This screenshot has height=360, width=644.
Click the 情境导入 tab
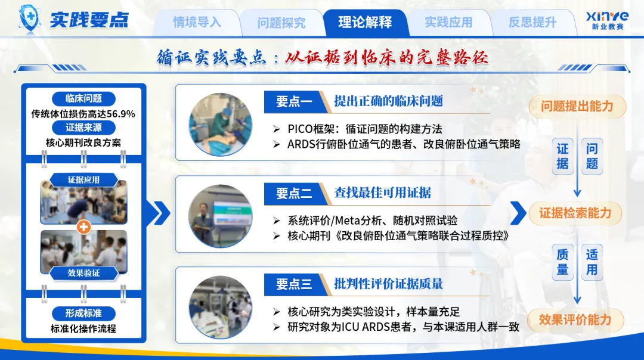pyautogui.click(x=197, y=22)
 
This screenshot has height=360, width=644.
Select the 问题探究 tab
pyautogui.click(x=281, y=22)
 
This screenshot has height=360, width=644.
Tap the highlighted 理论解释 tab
pyautogui.click(x=365, y=22)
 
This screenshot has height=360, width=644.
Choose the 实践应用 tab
pyautogui.click(x=448, y=22)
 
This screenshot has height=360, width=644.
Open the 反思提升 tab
pyautogui.click(x=532, y=22)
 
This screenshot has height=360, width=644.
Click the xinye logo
pyautogui.click(x=607, y=20)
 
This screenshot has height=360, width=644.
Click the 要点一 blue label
pyautogui.click(x=295, y=101)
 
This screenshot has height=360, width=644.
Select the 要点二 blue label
pyautogui.click(x=295, y=193)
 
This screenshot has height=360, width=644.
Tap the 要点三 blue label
pyautogui.click(x=295, y=284)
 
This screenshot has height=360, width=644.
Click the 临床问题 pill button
pyautogui.click(x=84, y=98)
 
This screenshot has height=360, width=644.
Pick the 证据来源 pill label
pyautogui.click(x=84, y=128)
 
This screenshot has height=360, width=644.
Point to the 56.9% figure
pyautogui.click(x=121, y=114)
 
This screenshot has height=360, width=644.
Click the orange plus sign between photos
pyautogui.click(x=84, y=227)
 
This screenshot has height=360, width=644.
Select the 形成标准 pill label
pyautogui.click(x=84, y=313)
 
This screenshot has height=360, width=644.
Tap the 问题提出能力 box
pyautogui.click(x=577, y=107)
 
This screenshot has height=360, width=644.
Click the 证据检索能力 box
pyautogui.click(x=575, y=213)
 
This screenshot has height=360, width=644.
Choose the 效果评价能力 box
pyautogui.click(x=575, y=320)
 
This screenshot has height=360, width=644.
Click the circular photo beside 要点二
pyautogui.click(x=221, y=216)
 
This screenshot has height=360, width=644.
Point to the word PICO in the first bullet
pyautogui.click(x=300, y=129)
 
